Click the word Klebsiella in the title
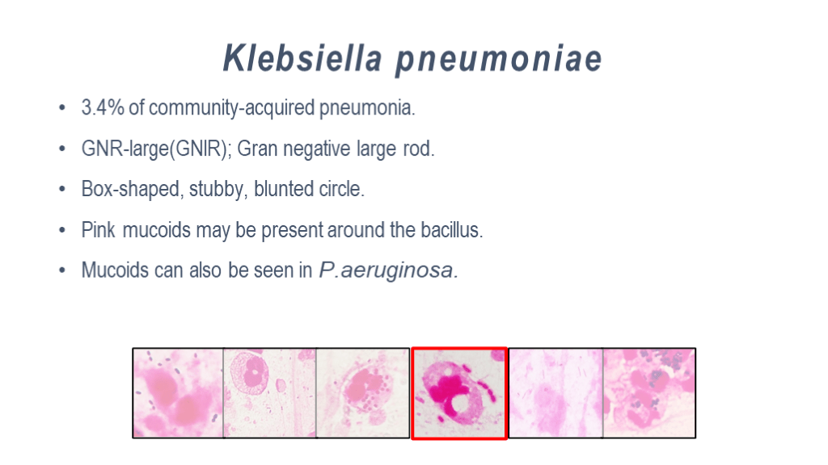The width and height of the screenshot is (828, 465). tap(302, 57)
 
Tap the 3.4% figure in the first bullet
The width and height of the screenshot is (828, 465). tap(103, 107)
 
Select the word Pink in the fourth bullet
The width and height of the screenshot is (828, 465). tap(98, 230)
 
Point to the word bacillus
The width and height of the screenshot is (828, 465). tap(451, 230)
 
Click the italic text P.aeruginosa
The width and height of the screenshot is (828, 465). tap(388, 270)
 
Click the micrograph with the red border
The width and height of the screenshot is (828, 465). tap(459, 393)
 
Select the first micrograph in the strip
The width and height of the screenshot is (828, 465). tap(178, 393)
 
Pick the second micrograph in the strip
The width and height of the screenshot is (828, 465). tap(270, 393)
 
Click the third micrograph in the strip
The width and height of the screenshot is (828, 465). tap(363, 393)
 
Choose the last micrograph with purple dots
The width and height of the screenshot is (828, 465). tap(649, 393)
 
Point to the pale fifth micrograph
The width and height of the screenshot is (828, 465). tap(555, 393)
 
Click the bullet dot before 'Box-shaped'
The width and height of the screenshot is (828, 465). tap(62, 189)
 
